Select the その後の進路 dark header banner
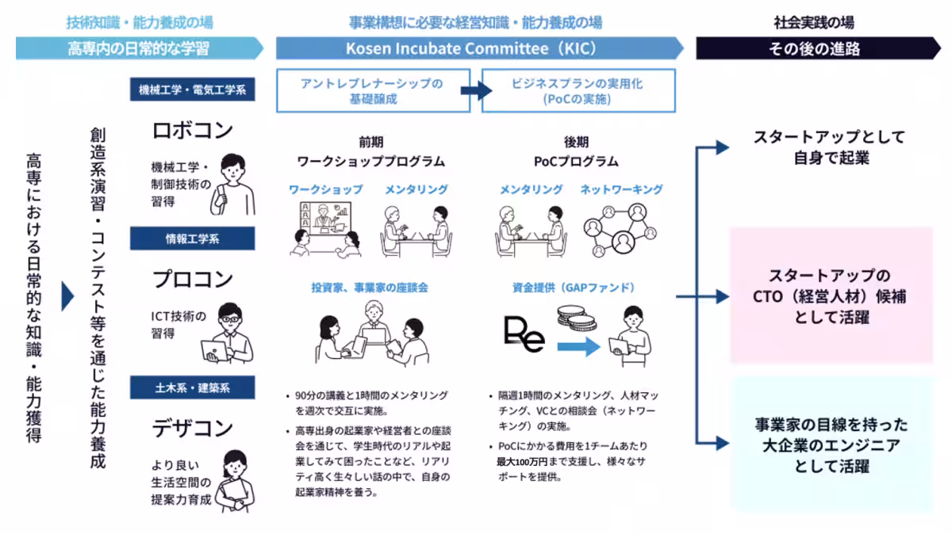pyautogui.click(x=814, y=48)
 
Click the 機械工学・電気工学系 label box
pyautogui.click(x=193, y=90)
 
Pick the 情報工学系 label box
pyautogui.click(x=193, y=238)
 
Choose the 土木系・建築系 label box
pyautogui.click(x=193, y=387)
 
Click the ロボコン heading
pyautogui.click(x=193, y=130)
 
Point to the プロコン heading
pyautogui.click(x=193, y=279)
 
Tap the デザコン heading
pyautogui.click(x=193, y=428)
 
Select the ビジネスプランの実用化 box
pyautogui.click(x=578, y=90)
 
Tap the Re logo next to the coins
pyautogui.click(x=524, y=334)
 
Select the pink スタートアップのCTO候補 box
pyautogui.click(x=831, y=296)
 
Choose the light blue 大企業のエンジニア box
pyautogui.click(x=831, y=444)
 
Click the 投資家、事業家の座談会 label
pyautogui.click(x=369, y=288)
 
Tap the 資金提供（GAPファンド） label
pyautogui.click(x=574, y=288)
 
